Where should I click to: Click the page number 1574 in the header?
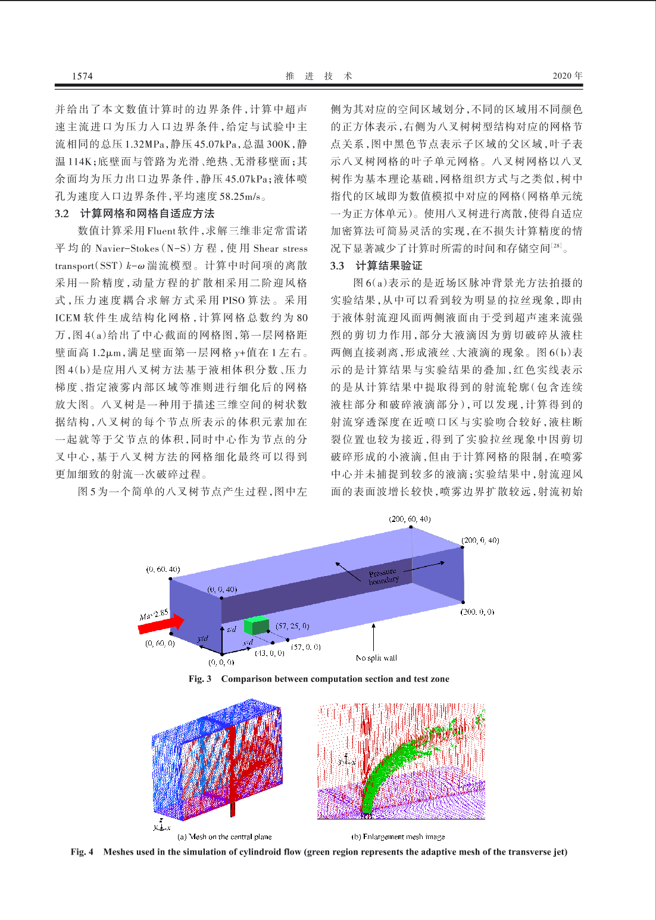(x=82, y=76)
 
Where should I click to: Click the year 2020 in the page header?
(x=563, y=76)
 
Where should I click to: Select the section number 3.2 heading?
(x=62, y=214)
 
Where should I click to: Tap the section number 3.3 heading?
(x=338, y=265)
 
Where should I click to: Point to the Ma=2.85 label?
(x=154, y=614)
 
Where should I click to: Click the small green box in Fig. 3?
(x=256, y=625)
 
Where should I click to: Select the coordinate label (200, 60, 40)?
(x=410, y=519)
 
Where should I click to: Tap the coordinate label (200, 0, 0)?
(x=477, y=612)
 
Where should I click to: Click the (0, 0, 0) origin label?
(x=221, y=662)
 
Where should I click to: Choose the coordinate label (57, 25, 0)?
(x=292, y=626)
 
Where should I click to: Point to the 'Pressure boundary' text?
(x=383, y=576)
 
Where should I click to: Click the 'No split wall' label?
(x=376, y=658)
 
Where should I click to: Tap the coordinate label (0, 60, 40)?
(x=163, y=569)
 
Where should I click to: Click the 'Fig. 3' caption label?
(x=200, y=679)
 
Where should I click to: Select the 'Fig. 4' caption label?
(x=82, y=852)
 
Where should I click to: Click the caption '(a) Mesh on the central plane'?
(x=224, y=837)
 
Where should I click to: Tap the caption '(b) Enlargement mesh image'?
(x=398, y=837)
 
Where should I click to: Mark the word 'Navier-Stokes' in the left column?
(x=127, y=249)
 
